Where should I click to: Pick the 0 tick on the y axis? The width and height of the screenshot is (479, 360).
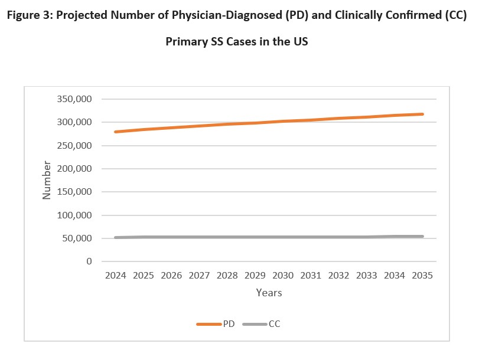pos(89,261)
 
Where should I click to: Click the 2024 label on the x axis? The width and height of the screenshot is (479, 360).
pos(116,276)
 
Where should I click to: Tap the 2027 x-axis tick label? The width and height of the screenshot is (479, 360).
pos(199,276)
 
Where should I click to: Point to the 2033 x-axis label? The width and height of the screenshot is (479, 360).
pos(366,276)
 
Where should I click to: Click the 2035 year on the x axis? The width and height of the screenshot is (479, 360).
pos(422,276)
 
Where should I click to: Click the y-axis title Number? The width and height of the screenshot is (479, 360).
pos(47,180)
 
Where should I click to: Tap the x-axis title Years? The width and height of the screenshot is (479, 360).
pos(269,293)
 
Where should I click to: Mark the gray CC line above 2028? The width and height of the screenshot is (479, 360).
pos(227,237)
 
